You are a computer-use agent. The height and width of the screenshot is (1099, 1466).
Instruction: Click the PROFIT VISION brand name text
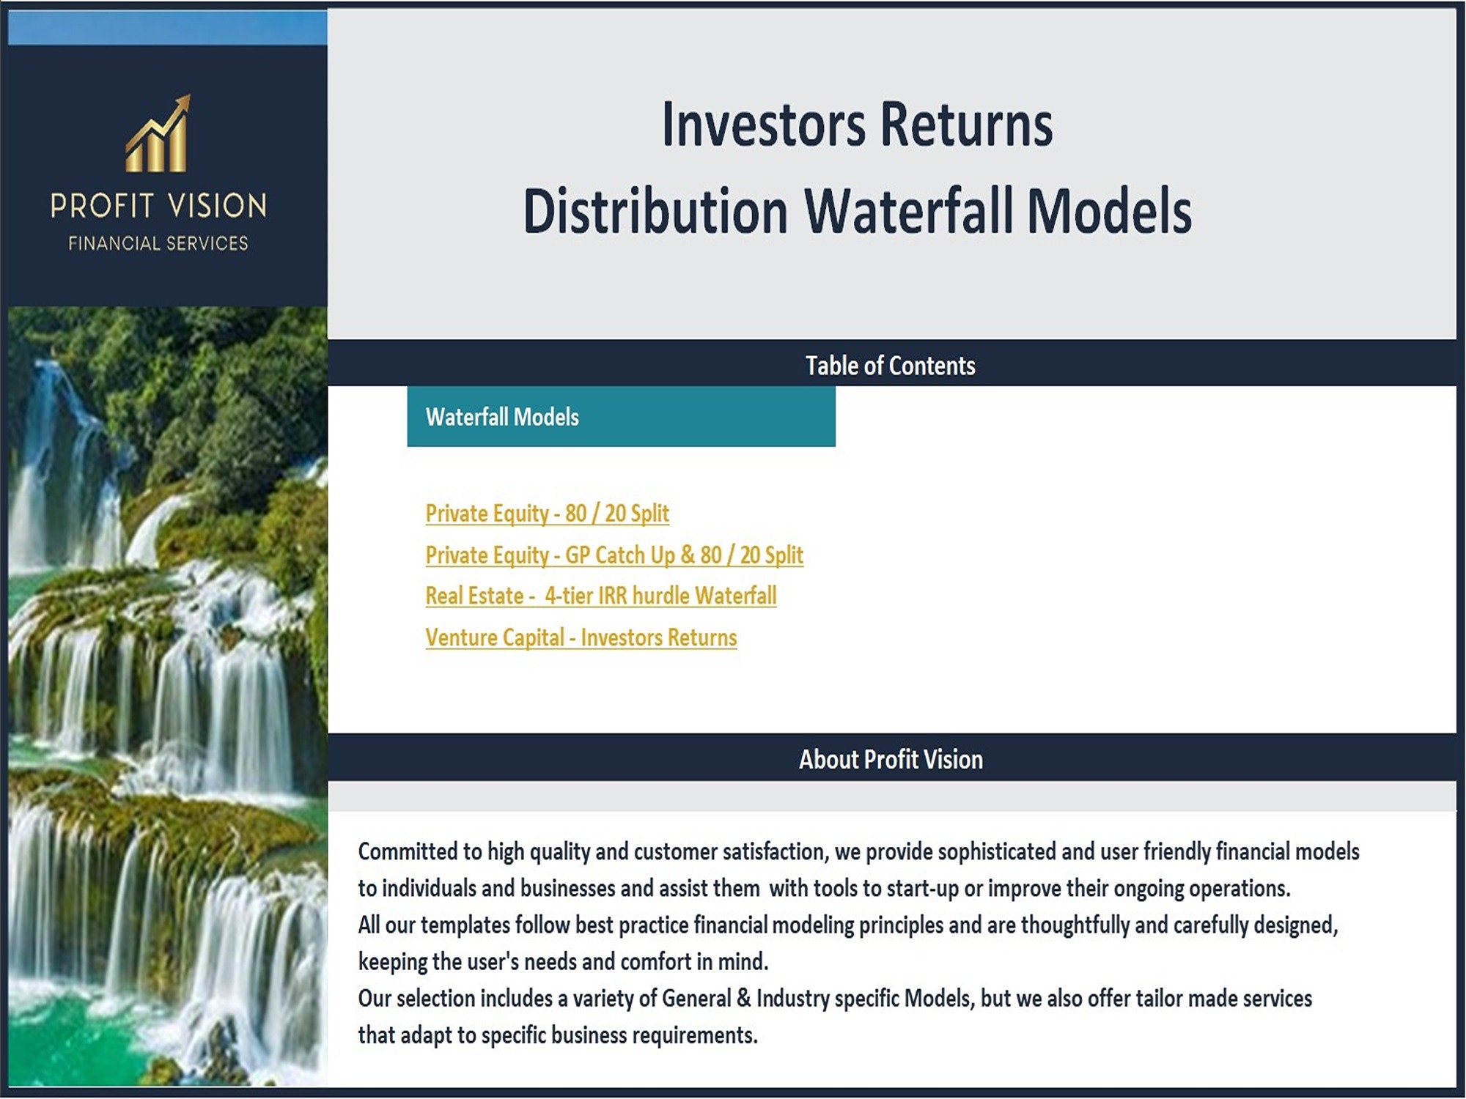pos(158,206)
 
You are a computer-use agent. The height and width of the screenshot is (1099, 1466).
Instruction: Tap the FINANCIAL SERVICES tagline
pos(158,243)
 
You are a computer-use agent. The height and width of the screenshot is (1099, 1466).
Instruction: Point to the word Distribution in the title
pos(655,211)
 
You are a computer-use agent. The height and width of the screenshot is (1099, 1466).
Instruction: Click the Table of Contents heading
pos(891,365)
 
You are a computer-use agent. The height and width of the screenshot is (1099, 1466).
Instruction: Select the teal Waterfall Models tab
pos(621,416)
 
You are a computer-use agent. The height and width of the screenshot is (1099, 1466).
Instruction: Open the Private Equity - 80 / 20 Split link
pos(547,513)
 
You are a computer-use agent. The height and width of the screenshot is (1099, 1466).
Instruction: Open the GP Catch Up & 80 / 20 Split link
pos(614,555)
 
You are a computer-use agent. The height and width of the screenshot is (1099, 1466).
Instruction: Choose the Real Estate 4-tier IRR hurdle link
pos(600,596)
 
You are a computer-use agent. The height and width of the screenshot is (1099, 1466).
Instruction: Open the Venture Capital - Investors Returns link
pos(581,637)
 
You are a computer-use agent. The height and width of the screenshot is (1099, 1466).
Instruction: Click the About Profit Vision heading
pos(891,759)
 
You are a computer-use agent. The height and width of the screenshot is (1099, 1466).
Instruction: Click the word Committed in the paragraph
pos(408,851)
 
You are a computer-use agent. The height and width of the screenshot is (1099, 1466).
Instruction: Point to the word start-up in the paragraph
pos(922,889)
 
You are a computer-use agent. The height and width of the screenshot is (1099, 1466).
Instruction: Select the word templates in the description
pos(465,925)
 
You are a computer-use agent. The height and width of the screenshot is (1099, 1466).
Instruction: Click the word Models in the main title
pos(1109,211)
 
